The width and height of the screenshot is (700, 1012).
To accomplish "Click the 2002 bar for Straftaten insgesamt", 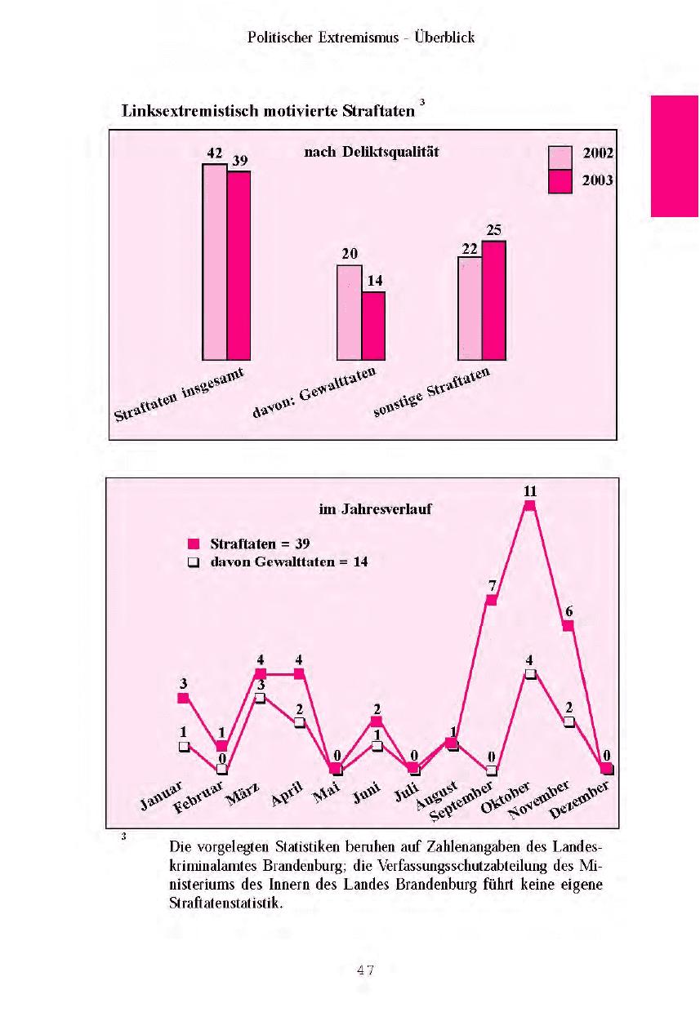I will (x=215, y=261).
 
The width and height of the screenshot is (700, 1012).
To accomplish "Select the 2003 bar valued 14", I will (x=373, y=326).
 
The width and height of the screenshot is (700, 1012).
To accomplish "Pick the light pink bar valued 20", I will (x=350, y=313).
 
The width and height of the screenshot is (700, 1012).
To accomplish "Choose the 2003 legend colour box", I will (x=560, y=181).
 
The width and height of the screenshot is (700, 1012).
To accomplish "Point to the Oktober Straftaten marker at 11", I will (x=529, y=506).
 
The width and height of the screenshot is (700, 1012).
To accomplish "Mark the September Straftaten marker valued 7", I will (x=491, y=601).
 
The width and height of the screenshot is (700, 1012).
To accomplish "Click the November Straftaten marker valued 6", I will (x=568, y=626).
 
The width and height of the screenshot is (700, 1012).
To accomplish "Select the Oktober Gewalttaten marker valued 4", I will (x=530, y=674).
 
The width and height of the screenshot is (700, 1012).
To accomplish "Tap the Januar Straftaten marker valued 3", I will (x=183, y=699).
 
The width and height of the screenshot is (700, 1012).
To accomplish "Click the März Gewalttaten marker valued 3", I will (x=261, y=699).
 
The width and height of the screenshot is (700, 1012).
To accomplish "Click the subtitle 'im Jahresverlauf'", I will (x=375, y=509).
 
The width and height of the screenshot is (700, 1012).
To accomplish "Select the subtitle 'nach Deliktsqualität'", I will (x=366, y=152).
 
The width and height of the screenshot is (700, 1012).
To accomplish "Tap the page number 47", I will (x=365, y=970).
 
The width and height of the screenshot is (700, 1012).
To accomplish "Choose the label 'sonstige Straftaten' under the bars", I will (x=432, y=393).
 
